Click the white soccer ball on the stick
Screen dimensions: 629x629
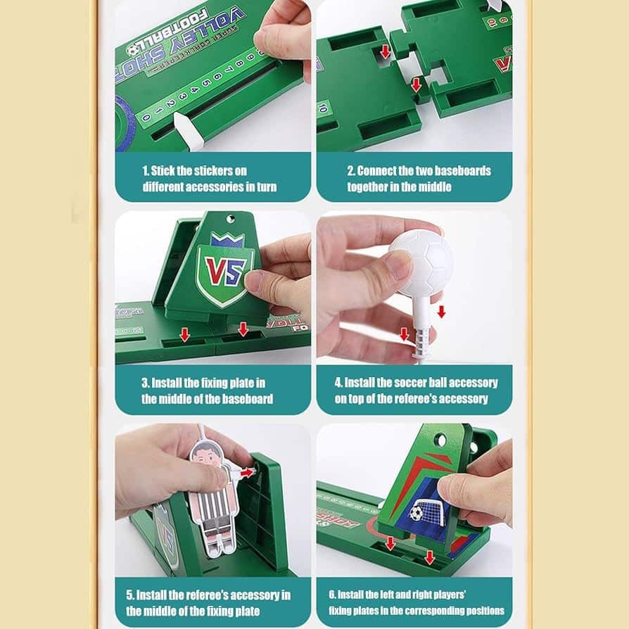click(x=421, y=262)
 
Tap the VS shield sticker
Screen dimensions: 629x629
click(x=224, y=272)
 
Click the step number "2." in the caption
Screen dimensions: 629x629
click(x=351, y=171)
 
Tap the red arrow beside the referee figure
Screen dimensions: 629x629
click(x=247, y=473)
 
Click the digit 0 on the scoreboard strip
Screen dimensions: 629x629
click(x=146, y=118)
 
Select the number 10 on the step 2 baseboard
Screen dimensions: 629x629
click(x=322, y=108)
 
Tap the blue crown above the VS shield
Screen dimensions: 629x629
click(x=227, y=240)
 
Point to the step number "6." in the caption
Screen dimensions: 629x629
click(x=332, y=595)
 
